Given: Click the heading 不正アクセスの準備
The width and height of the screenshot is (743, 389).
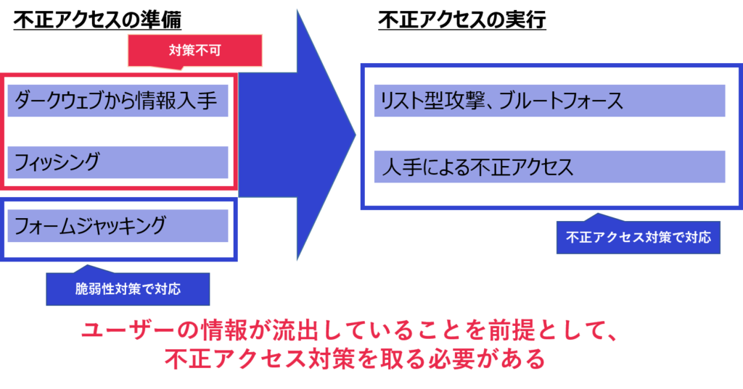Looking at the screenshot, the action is pyautogui.click(x=97, y=20).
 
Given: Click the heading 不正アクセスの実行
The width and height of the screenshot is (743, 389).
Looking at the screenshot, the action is pyautogui.click(x=462, y=20).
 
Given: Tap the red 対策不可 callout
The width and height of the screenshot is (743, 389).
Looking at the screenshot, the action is pyautogui.click(x=194, y=50).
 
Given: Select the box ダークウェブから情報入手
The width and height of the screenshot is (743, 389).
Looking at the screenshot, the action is pyautogui.click(x=118, y=101).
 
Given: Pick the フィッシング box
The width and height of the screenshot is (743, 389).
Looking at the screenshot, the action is pyautogui.click(x=118, y=162).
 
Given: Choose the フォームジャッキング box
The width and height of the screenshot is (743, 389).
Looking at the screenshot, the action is pyautogui.click(x=118, y=226).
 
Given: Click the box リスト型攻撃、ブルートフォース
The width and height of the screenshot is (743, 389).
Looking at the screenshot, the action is pyautogui.click(x=550, y=101).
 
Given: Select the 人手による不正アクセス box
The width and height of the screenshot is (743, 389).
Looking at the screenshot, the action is pyautogui.click(x=550, y=167).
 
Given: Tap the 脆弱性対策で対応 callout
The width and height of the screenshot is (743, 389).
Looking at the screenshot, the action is pyautogui.click(x=128, y=289).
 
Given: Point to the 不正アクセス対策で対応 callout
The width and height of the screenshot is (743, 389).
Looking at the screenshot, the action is pyautogui.click(x=639, y=237).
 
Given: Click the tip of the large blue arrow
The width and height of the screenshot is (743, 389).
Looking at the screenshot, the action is pyautogui.click(x=356, y=135).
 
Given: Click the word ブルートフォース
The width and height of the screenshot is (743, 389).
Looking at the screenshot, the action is pyautogui.click(x=561, y=101).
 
